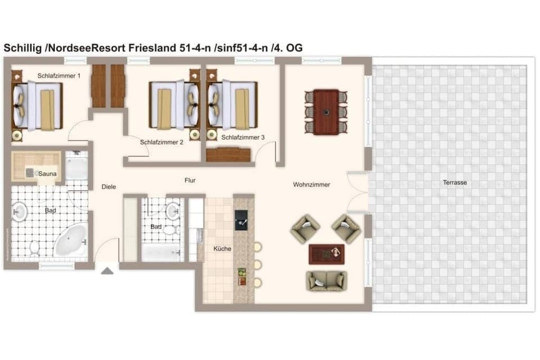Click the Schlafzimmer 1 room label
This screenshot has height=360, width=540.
coord(59,75)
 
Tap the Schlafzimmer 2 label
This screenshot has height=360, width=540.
coord(161,143)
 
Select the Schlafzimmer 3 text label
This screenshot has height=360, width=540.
coord(242,137)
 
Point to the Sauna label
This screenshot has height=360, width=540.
coord(47,174)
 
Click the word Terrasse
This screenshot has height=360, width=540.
coord(454,182)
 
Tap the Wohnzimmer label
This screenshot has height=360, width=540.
coord(311,184)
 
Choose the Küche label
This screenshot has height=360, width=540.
coord(222,248)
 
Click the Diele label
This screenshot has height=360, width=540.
coord(109,187)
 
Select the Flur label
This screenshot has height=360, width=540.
coord(190,181)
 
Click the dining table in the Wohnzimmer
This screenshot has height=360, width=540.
coord(326,112)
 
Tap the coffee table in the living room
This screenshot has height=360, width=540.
coord(326,254)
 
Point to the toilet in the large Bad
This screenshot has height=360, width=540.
coord(34,246)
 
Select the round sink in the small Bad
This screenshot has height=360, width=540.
coord(172,211)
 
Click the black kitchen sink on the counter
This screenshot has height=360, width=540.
coord(241,220)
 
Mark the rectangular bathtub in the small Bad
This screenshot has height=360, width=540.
coord(161,251)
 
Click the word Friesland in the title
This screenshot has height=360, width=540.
coord(152,48)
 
